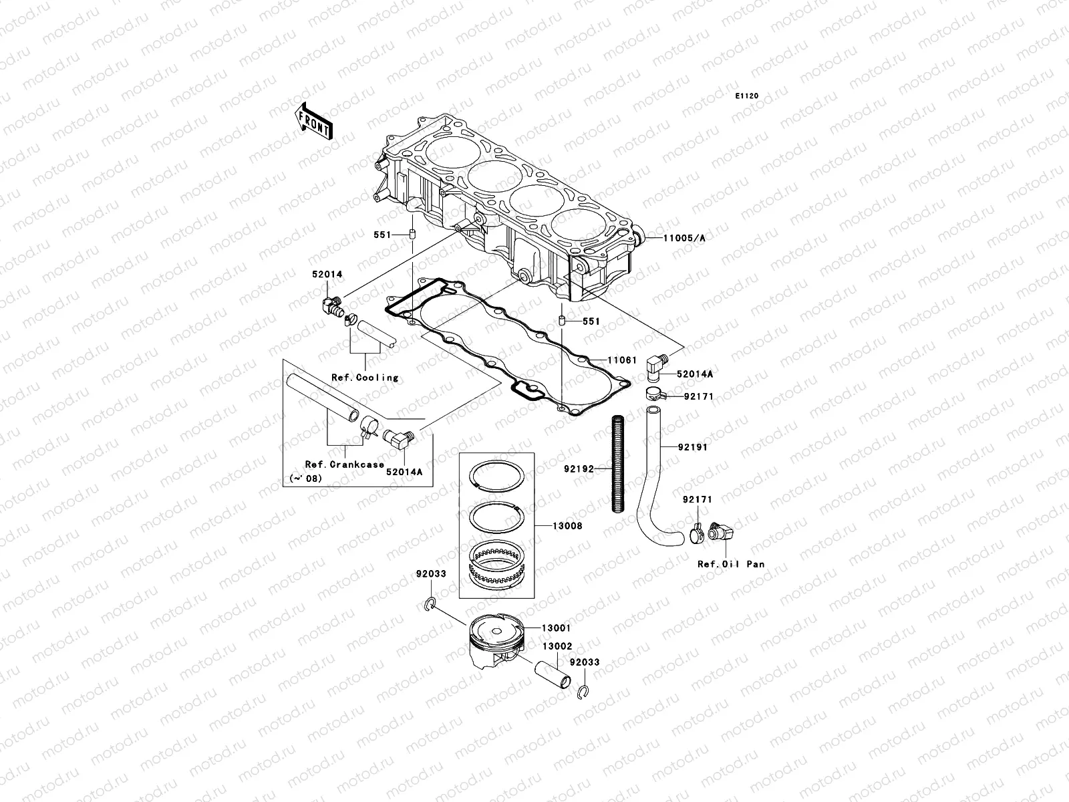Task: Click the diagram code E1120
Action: (x=748, y=96)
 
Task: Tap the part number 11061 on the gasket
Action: (x=622, y=360)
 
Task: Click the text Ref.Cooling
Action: (x=365, y=378)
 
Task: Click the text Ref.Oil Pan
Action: (x=731, y=564)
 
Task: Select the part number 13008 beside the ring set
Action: (x=567, y=526)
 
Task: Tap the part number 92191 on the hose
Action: (x=691, y=446)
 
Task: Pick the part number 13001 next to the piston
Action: (x=556, y=629)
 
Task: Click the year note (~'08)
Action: (x=304, y=479)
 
